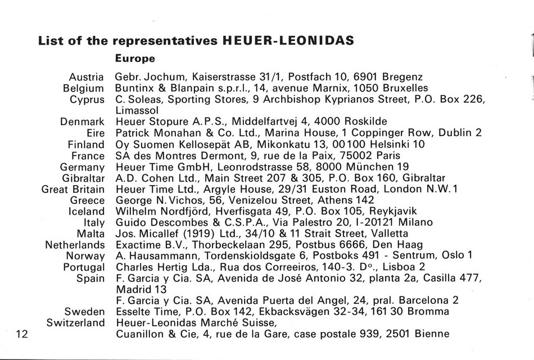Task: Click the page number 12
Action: point(22,334)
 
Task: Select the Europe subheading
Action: point(135,58)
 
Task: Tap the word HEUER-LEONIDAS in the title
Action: point(288,41)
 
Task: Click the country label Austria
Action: point(87,77)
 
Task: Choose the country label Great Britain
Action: point(73,189)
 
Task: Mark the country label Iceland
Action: point(86,212)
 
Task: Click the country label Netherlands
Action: point(75,245)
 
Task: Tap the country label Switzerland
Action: point(75,323)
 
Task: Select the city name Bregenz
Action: point(401,77)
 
